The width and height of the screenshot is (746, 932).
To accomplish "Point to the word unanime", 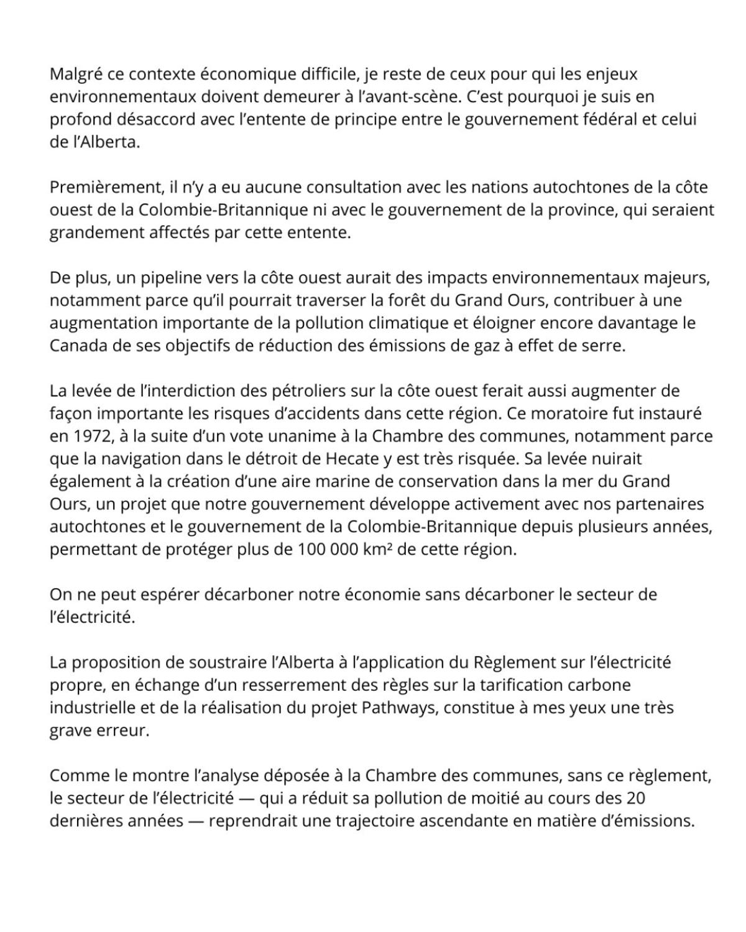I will click(x=280, y=436).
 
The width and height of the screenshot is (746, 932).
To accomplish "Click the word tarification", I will click(x=502, y=685).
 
